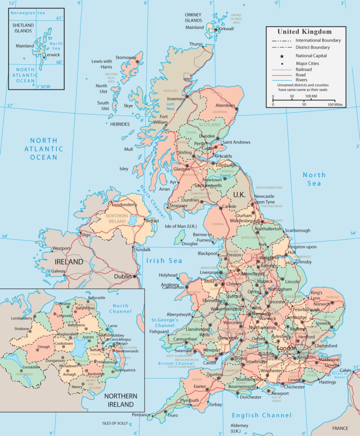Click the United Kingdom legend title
coord(304,32)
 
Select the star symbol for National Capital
coord(282,56)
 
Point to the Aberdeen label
coord(225,105)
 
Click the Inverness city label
coord(176,99)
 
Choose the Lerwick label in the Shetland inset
coord(52,55)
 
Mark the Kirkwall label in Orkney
coord(226,29)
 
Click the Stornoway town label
coord(126,57)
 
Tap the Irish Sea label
coord(164,261)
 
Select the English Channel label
coord(262,415)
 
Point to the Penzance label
coord(141,414)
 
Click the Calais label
coord(346,370)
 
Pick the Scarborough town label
coord(298,230)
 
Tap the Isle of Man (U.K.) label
coord(181,226)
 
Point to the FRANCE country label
coord(340,428)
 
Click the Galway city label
coord(58,271)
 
